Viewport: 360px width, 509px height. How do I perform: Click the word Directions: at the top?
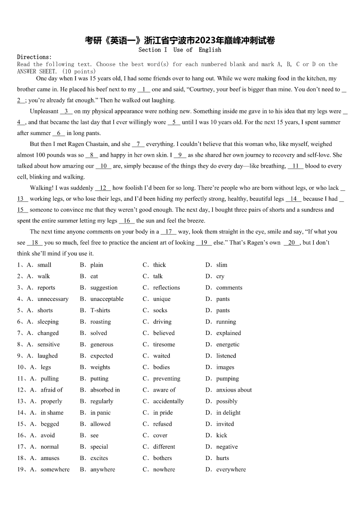coord(34,57)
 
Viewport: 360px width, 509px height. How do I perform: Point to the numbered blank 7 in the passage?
coord(138,144)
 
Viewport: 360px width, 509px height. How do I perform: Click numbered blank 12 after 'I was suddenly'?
coord(103,188)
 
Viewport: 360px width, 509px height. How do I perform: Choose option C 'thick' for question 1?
coord(160,265)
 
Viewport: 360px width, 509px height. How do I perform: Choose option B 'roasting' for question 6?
coord(100,322)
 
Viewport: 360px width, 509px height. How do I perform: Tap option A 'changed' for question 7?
coord(48,333)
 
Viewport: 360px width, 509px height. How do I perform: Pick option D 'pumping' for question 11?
coord(227,378)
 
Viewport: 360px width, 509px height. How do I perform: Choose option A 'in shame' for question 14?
coord(52,412)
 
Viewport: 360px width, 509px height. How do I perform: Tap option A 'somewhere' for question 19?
coord(55,470)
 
